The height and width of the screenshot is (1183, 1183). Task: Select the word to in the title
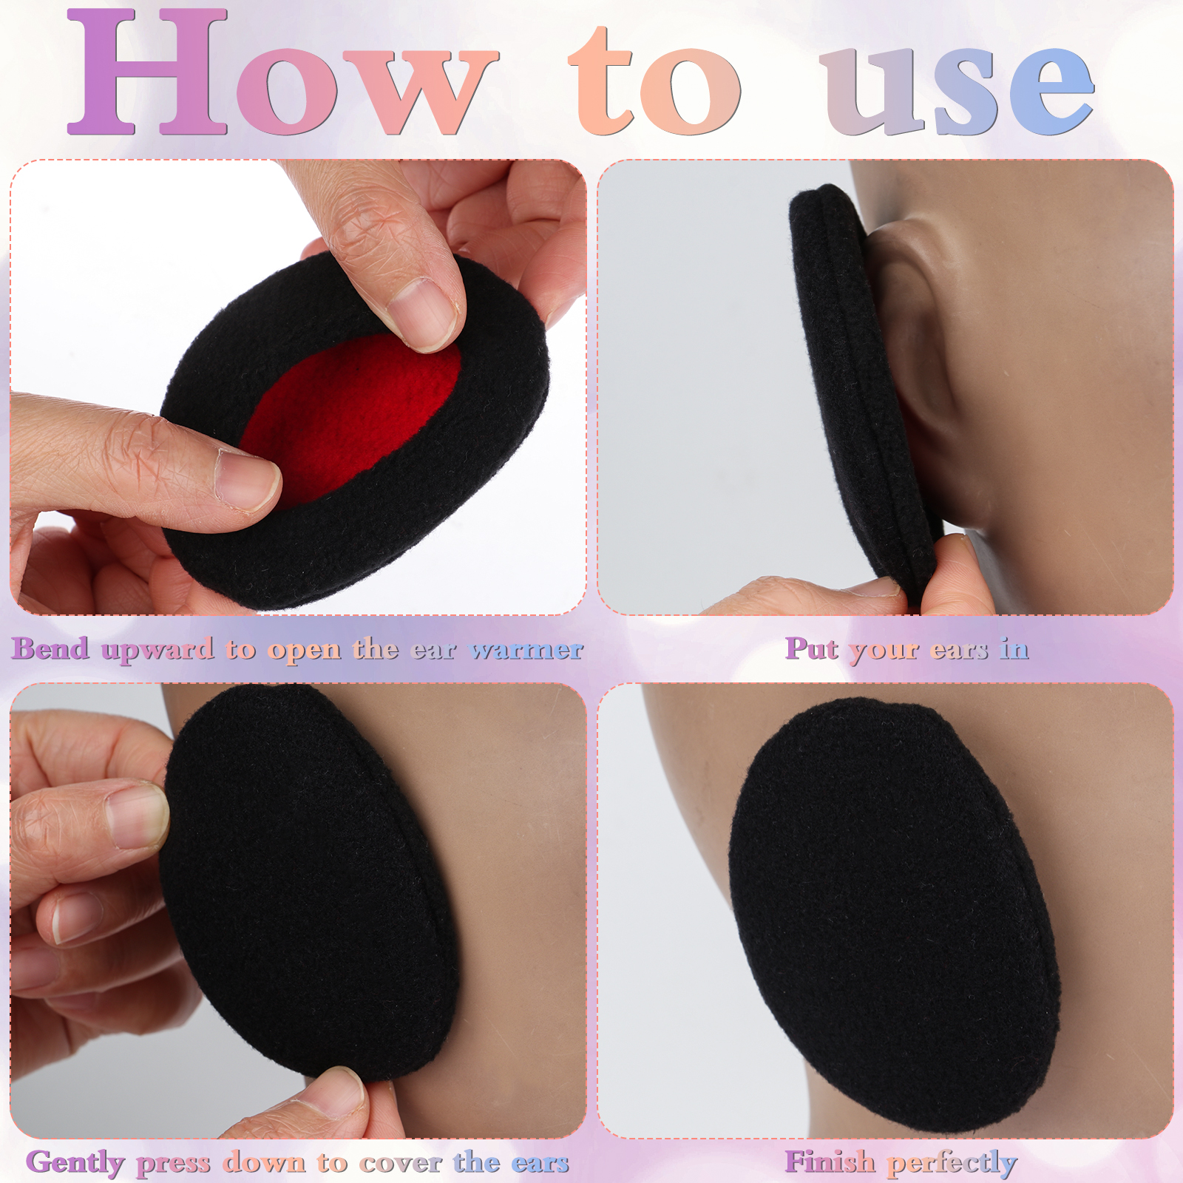click(654, 81)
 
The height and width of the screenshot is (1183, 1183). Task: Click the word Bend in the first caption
click(50, 648)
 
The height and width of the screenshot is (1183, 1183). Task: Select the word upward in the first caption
click(157, 651)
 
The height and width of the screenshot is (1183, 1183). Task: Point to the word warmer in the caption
click(527, 650)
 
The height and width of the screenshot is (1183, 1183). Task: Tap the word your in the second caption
click(885, 651)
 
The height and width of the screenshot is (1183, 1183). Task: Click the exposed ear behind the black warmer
click(924, 355)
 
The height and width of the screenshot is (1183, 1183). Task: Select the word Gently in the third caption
click(75, 1162)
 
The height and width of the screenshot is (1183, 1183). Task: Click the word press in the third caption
click(173, 1165)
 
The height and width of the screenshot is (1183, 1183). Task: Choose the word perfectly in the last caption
click(952, 1164)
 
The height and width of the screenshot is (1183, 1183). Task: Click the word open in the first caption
click(305, 651)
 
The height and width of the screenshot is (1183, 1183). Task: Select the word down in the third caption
click(264, 1162)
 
